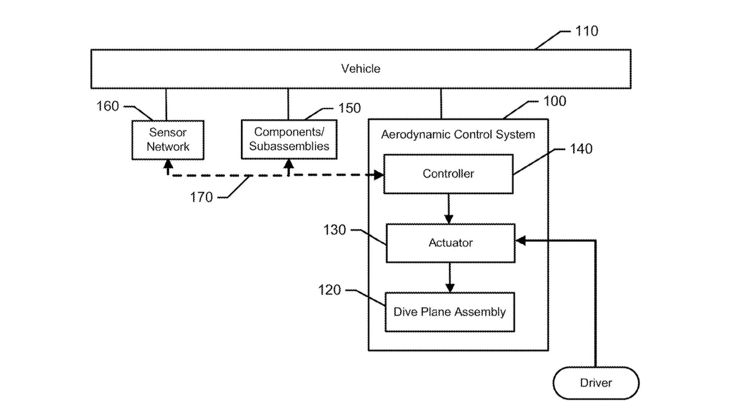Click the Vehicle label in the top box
pos(361,69)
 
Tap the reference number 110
pos(586,31)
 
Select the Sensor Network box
pos(168,140)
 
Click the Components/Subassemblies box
pos(289,139)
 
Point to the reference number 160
pos(107,106)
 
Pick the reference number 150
pos(349,108)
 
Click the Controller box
pos(448,174)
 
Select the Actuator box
pos(450,243)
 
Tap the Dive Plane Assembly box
pos(450,312)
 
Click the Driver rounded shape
pos(596,383)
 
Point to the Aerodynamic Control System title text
pos(458,134)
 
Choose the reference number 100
pos(554,101)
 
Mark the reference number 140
pos(581,149)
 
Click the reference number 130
pos(334,230)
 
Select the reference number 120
pos(329,290)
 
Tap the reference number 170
pos(201,197)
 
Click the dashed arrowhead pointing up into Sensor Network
pos(168,164)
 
